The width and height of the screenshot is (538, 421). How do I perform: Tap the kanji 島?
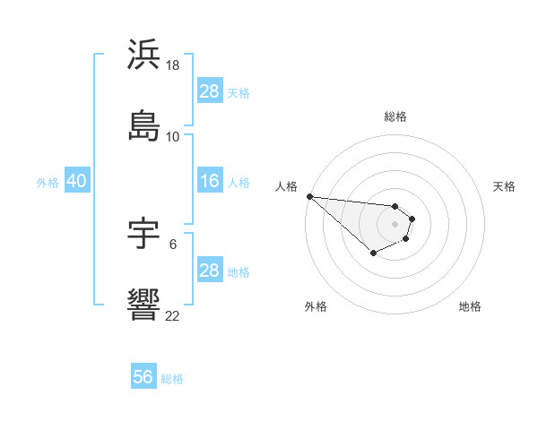point(144,125)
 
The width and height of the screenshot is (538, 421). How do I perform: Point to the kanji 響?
point(144,305)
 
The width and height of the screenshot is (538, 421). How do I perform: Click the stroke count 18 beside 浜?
point(174,65)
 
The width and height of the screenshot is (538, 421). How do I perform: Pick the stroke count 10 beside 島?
point(173,137)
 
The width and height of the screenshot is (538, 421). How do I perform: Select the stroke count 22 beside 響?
point(173,315)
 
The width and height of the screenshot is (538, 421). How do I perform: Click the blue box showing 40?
point(76,181)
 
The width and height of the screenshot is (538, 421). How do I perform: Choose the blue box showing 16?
point(210,181)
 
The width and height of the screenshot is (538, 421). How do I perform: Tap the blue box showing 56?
point(143,377)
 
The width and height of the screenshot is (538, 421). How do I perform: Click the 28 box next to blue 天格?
point(210,90)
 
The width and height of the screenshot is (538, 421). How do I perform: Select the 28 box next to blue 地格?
point(210,270)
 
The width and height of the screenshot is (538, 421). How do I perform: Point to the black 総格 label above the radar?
point(395,116)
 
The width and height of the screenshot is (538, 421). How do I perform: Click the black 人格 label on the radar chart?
point(286,186)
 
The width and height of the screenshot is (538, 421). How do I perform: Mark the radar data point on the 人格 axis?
point(309,196)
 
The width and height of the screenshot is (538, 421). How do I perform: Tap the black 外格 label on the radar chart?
point(316,306)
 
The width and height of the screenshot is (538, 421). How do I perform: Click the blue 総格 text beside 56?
point(172,379)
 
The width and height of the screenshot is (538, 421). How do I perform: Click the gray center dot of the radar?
point(395,224)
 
